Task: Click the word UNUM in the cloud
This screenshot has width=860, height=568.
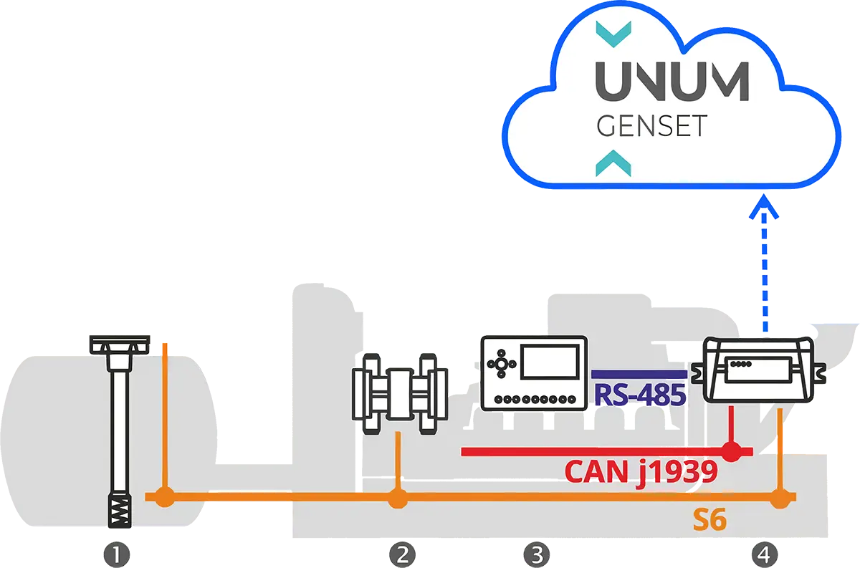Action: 672,82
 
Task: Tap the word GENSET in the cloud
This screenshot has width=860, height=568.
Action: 651,126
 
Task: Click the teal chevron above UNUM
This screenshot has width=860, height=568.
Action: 613,30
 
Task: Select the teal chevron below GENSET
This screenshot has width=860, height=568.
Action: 613,163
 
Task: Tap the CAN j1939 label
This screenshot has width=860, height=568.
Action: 641,471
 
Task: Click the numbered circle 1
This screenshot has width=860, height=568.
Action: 116,554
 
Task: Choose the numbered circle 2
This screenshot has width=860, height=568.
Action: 402,554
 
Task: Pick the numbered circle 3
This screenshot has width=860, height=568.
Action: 535,554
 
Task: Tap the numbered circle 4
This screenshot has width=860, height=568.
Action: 765,554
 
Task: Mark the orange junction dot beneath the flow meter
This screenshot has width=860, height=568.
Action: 397,497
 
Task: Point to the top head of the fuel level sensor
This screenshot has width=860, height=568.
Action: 120,345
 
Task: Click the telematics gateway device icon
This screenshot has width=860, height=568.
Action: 760,369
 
